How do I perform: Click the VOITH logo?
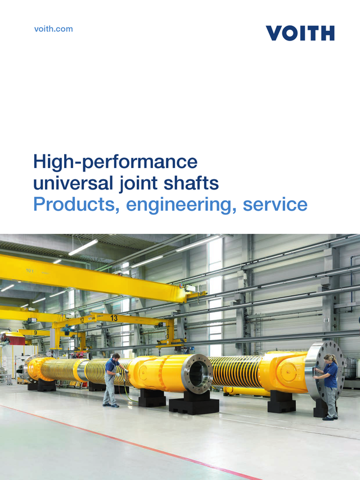300,33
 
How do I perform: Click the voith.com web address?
53,29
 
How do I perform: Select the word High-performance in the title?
115,162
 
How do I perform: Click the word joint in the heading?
133,184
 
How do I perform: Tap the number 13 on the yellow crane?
114,318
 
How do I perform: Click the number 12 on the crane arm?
83,320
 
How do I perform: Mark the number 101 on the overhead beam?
29,270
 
